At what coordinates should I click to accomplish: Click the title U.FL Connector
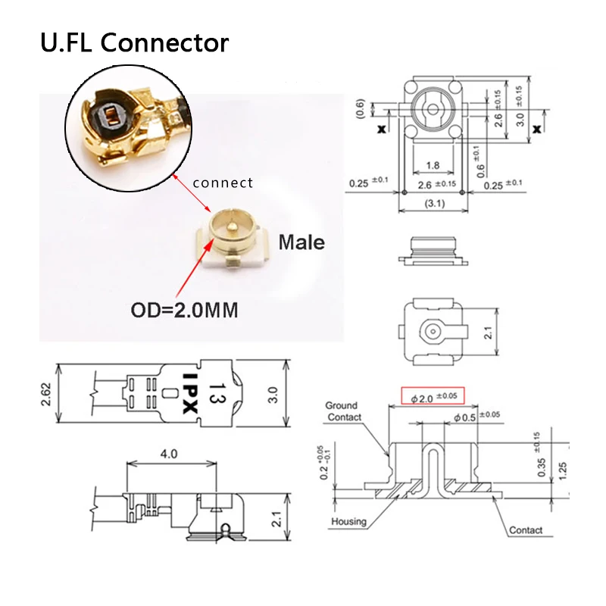point(134,42)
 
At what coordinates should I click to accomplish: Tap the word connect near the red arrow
point(223,183)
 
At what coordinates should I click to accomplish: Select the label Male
point(301,242)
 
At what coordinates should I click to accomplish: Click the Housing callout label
point(348,521)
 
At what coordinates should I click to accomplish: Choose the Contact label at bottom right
point(526,530)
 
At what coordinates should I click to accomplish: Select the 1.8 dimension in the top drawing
point(433,165)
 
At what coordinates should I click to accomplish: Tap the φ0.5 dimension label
point(466,417)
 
